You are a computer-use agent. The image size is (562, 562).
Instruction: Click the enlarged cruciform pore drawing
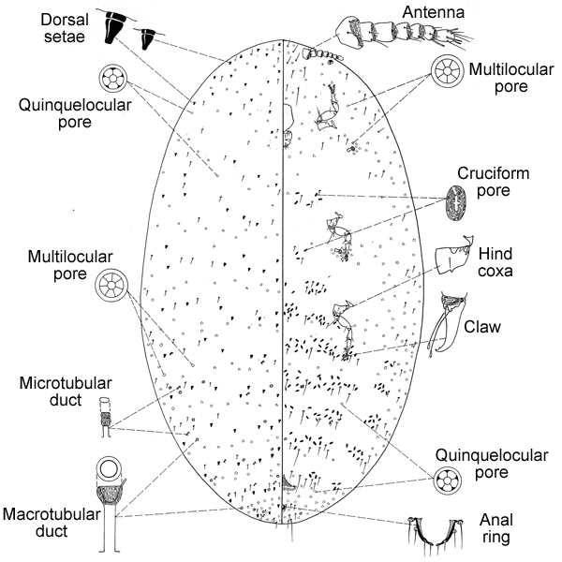(456, 203)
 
